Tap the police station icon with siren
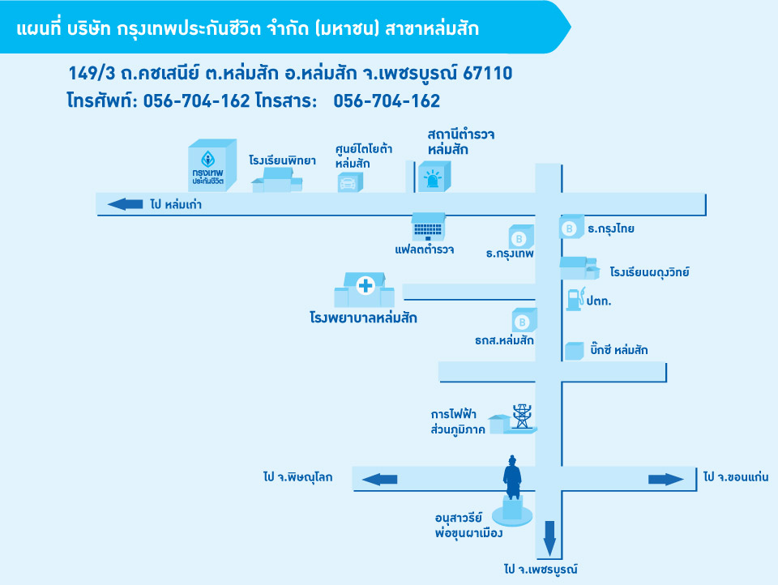click(434, 177)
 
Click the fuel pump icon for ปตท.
click(574, 298)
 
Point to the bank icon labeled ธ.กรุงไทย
click(571, 228)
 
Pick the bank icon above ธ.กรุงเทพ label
click(520, 237)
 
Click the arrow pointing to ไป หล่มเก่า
click(126, 204)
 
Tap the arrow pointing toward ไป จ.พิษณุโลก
click(379, 479)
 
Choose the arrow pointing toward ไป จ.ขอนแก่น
click(666, 479)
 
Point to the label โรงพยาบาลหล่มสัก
click(363, 318)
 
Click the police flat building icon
click(428, 227)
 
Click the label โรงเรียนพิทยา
click(282, 160)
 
